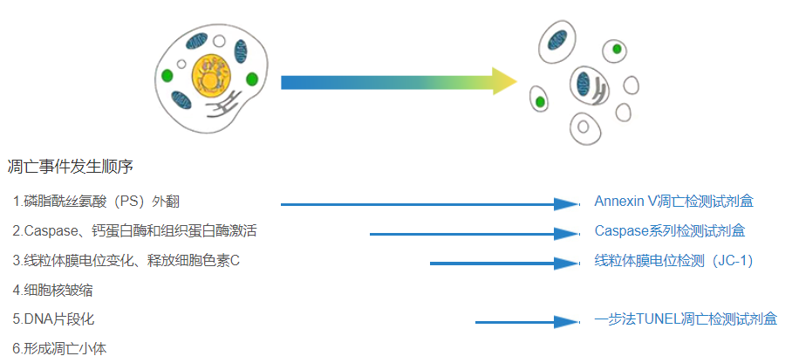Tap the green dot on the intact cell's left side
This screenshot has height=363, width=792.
coord(167,76)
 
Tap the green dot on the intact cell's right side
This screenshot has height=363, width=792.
coord(252,79)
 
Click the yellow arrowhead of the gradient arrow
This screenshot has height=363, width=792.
coord(503,82)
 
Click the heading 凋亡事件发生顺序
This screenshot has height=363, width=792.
coord(70,166)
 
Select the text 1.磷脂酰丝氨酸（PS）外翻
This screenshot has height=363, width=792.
coord(96,202)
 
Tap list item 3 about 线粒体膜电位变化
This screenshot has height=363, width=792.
coord(126,260)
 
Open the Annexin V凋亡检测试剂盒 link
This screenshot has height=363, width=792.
coord(673,202)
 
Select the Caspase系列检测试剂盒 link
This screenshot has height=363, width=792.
coord(669,231)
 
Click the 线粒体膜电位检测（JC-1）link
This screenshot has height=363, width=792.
coord(673,260)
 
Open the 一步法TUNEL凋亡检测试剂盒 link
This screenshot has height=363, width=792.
coord(686,319)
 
